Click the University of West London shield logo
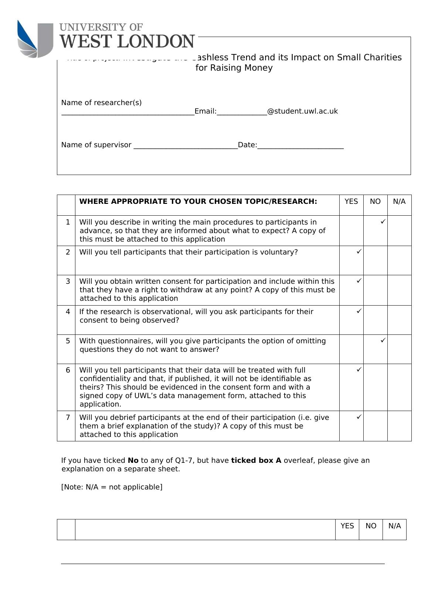point(35,39)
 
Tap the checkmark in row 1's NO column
point(383,221)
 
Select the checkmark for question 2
point(359,251)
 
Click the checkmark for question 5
point(383,340)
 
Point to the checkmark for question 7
point(359,417)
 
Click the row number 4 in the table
point(68,312)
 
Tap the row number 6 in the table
point(68,370)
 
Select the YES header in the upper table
point(351,201)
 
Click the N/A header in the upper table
point(399,201)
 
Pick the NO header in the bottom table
point(371,526)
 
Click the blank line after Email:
point(242,112)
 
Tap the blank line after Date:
point(300,146)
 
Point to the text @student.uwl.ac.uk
point(302,111)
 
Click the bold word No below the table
point(133,460)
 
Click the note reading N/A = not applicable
point(112,487)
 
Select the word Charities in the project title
point(382,57)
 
